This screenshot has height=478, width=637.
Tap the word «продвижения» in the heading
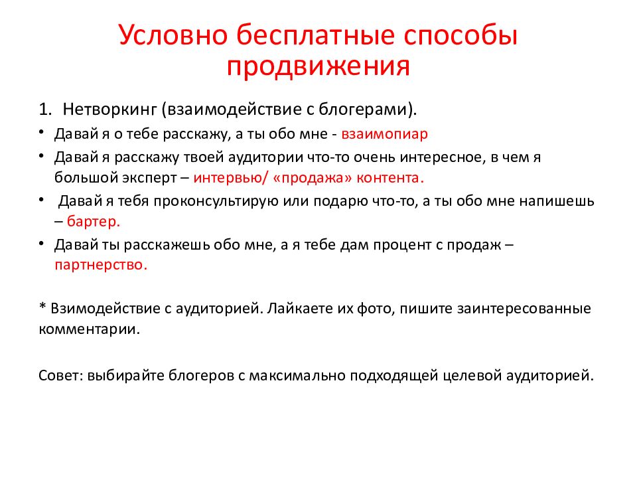click(x=318, y=67)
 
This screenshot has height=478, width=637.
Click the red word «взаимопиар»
click(x=385, y=133)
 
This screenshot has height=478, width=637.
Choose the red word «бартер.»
click(x=94, y=220)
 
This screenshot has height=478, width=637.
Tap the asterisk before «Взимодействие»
click(x=42, y=308)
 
